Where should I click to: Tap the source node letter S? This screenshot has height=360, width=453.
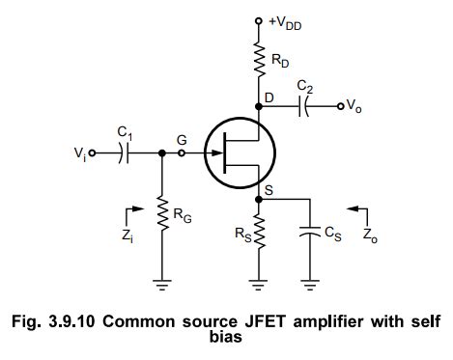pos(270,189)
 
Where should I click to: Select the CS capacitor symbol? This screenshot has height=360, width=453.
pos(309,234)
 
